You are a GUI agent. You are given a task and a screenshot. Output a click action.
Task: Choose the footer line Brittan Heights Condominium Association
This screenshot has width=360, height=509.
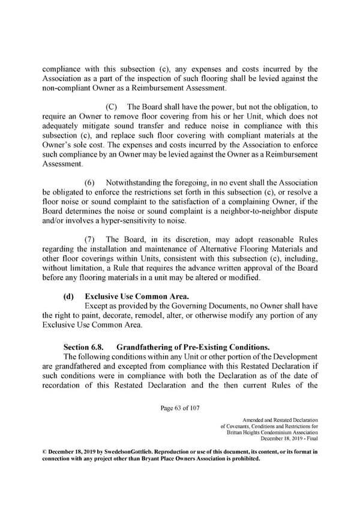coord(273,433)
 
